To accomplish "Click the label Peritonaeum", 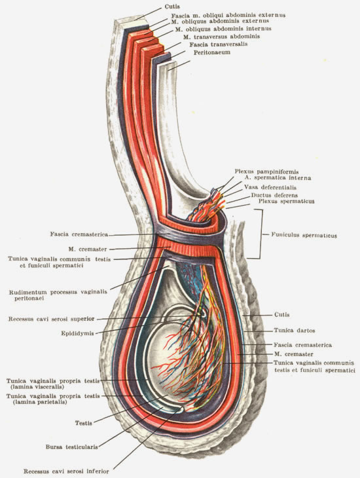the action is (x=212, y=52).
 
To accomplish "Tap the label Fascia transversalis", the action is (x=218, y=45).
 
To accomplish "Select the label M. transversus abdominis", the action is (x=222, y=37).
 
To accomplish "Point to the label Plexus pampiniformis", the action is (x=266, y=172).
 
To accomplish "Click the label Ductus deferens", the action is (x=274, y=195).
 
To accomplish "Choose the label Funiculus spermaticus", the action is (x=304, y=235).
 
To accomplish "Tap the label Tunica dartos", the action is (x=294, y=330).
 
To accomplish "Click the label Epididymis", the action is (x=77, y=333).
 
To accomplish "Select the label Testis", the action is (x=84, y=423).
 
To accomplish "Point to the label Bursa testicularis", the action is (x=72, y=447).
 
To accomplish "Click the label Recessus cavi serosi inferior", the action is (x=66, y=471).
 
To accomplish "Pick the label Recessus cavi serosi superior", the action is (x=52, y=319).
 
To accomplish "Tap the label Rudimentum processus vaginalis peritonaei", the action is (x=58, y=295).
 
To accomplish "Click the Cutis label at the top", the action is (x=172, y=7).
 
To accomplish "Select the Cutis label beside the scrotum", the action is (x=281, y=314).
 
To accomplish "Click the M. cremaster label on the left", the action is (x=88, y=249).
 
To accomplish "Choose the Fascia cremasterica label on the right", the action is (x=302, y=345).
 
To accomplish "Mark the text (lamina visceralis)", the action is (x=37, y=387).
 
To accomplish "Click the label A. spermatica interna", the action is (x=278, y=177).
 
